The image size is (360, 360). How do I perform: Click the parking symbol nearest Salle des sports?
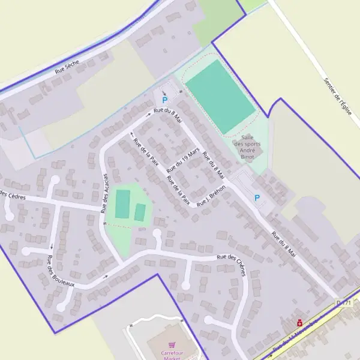[257, 198]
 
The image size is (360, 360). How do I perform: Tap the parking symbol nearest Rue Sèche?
[164, 100]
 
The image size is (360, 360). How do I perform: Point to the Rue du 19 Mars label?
[183, 157]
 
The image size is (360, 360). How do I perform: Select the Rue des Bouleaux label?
[60, 271]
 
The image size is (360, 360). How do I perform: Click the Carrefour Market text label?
[172, 355]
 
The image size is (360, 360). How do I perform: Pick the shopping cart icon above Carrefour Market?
[172, 346]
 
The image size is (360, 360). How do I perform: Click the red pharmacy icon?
[299, 322]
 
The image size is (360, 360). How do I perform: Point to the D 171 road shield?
[343, 304]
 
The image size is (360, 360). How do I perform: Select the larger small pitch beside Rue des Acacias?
[122, 204]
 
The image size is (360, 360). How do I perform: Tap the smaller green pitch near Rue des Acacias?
[140, 212]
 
